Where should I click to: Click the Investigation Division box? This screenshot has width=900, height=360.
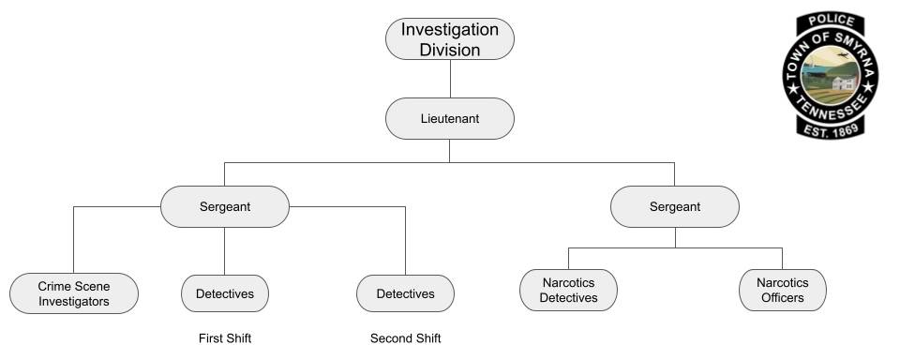pos(449,39)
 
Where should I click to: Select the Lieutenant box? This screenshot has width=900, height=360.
pos(449,119)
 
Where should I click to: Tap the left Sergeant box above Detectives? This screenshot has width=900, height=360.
pos(224,206)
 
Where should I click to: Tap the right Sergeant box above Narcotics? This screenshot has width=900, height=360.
pos(674,206)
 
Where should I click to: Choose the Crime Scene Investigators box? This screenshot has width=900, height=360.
pos(74,293)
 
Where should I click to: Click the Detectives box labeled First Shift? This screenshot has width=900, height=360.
pos(224,293)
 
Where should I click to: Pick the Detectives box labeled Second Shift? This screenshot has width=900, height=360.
pos(405,293)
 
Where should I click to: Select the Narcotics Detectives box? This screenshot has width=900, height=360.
pos(568,291)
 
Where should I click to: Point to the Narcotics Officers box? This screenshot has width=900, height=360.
pos(782,291)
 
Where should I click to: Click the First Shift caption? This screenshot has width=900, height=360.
pos(225,338)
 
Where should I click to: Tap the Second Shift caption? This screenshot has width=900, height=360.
pos(405,338)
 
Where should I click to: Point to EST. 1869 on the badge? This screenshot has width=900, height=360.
pos(830,129)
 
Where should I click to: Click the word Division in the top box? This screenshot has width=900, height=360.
pos(449,50)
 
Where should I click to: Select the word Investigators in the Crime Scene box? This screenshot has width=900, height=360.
pos(74,301)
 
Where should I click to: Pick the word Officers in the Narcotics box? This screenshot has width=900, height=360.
pos(782,298)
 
